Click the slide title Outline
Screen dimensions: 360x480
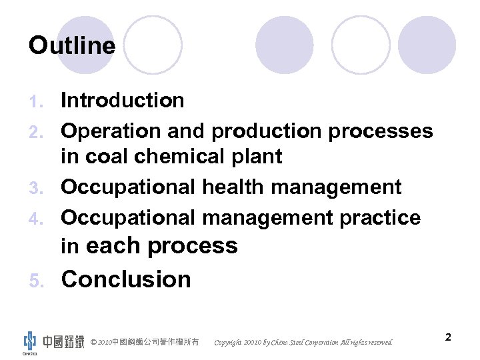(72, 45)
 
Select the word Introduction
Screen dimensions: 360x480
(123, 101)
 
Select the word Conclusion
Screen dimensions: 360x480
(126, 279)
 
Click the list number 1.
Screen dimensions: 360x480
(37, 101)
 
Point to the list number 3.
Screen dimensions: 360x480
(37, 188)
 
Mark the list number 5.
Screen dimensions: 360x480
(37, 280)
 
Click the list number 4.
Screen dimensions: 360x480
(37, 219)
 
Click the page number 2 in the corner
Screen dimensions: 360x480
(449, 337)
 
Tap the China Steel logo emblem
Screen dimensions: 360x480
(30, 341)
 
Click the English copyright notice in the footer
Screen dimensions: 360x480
(303, 343)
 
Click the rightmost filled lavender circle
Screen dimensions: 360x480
(427, 45)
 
